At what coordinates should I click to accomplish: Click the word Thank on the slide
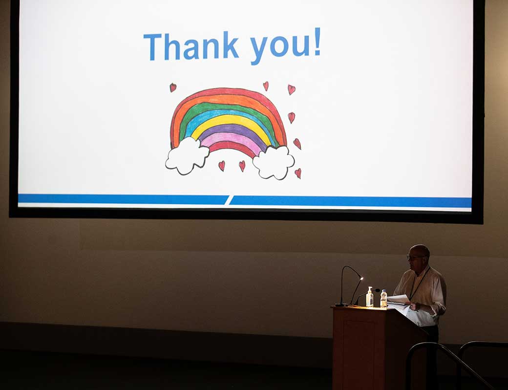[191, 46]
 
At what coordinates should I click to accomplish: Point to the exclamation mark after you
[317, 41]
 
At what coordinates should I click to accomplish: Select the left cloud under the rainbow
[187, 155]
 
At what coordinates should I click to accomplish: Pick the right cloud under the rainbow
[274, 162]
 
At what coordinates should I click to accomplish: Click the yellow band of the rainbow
[231, 121]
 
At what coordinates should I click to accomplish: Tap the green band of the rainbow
[227, 107]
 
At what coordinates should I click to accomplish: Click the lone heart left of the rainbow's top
[173, 87]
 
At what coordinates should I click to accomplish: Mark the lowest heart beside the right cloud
[298, 173]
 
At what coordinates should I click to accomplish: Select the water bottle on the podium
[383, 299]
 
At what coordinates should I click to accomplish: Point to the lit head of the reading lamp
[361, 278]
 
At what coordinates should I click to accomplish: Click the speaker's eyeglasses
[414, 258]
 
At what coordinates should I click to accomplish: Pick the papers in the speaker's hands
[399, 302]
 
